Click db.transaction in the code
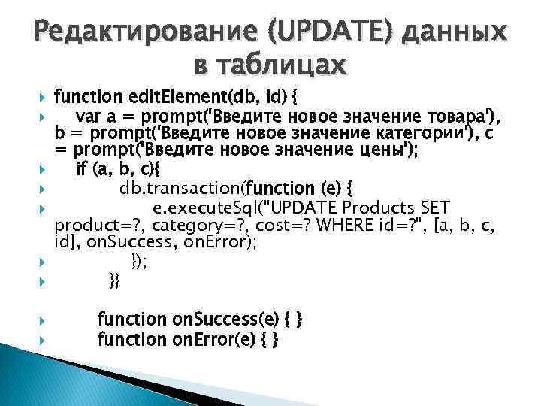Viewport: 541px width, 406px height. coord(181,188)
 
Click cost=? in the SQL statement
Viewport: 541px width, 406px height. coord(289,224)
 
